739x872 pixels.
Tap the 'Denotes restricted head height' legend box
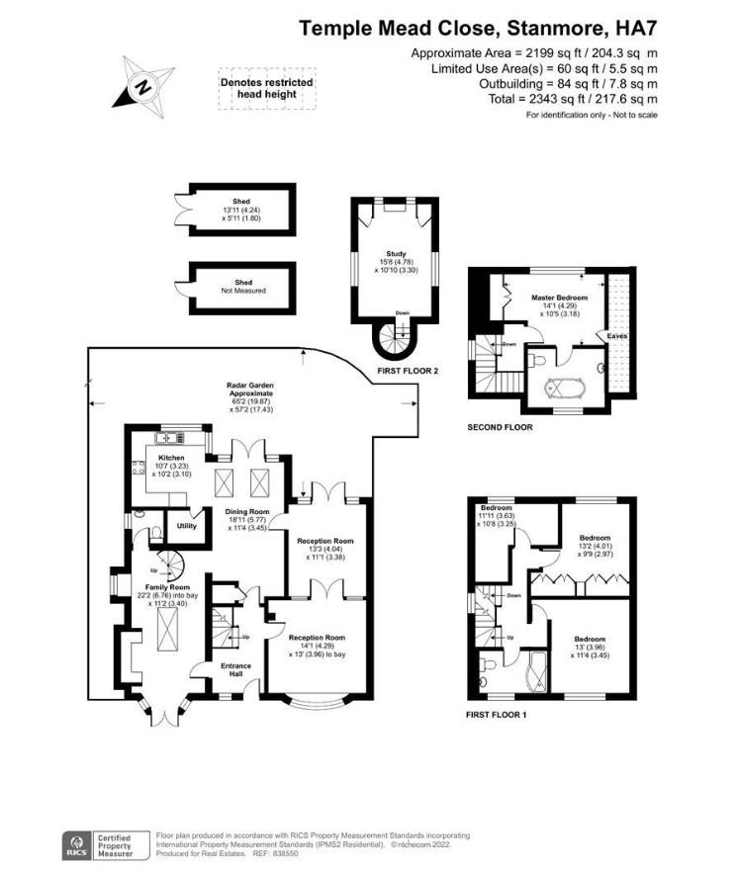[267, 88]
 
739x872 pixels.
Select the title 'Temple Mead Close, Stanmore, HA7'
[480, 29]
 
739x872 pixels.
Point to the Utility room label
[186, 525]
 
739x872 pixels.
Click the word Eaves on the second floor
[616, 336]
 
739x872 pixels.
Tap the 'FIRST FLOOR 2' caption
[408, 370]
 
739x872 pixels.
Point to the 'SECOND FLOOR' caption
[501, 427]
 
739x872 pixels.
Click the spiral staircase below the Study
[392, 340]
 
